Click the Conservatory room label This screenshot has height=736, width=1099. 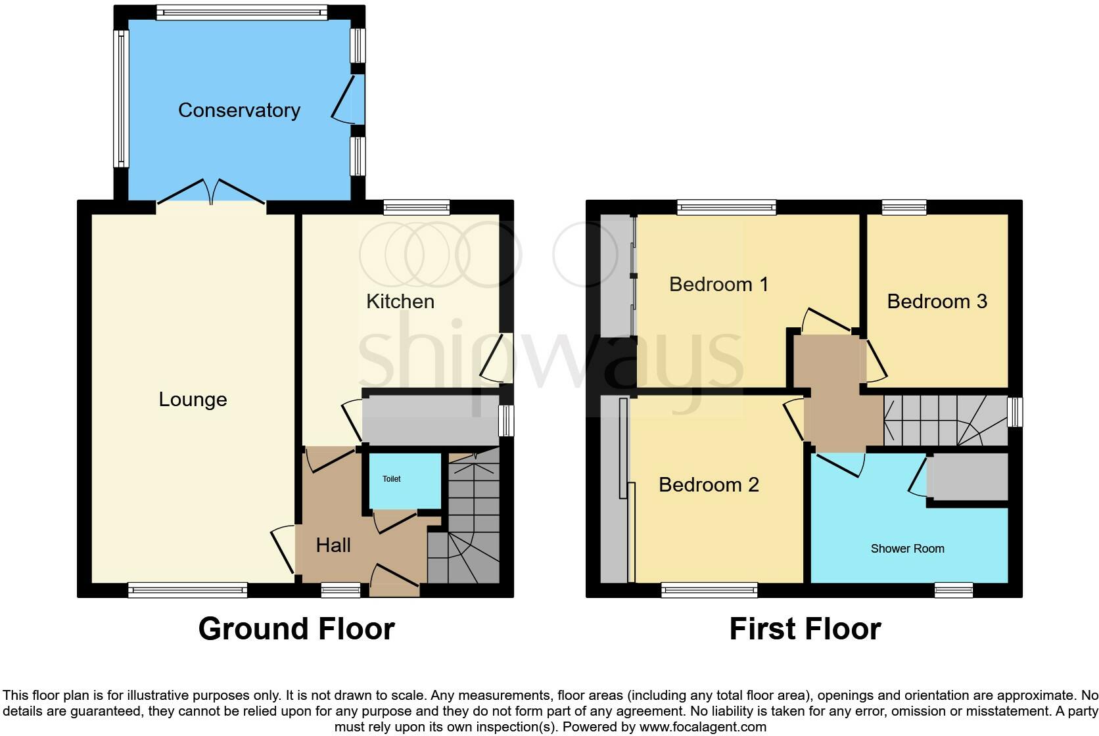[239, 110]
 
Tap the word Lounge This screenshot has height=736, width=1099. [193, 400]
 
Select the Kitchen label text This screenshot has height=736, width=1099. [400, 301]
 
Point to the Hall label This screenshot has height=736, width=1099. [333, 545]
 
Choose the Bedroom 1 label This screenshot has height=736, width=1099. [718, 285]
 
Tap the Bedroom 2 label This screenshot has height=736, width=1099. [709, 485]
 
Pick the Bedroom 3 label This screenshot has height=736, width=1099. [937, 301]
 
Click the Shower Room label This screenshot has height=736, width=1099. [907, 549]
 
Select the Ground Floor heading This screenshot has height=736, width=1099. [296, 628]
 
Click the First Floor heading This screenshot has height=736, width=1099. [805, 628]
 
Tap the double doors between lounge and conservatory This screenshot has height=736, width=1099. [212, 192]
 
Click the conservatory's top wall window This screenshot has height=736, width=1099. [242, 12]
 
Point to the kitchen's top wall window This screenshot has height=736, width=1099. [417, 207]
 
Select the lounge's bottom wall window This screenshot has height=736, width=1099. [188, 589]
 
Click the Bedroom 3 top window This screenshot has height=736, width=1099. [904, 207]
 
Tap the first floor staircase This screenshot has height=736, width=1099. [945, 421]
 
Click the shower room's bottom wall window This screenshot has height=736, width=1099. [954, 589]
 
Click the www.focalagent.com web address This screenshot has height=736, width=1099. [703, 727]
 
